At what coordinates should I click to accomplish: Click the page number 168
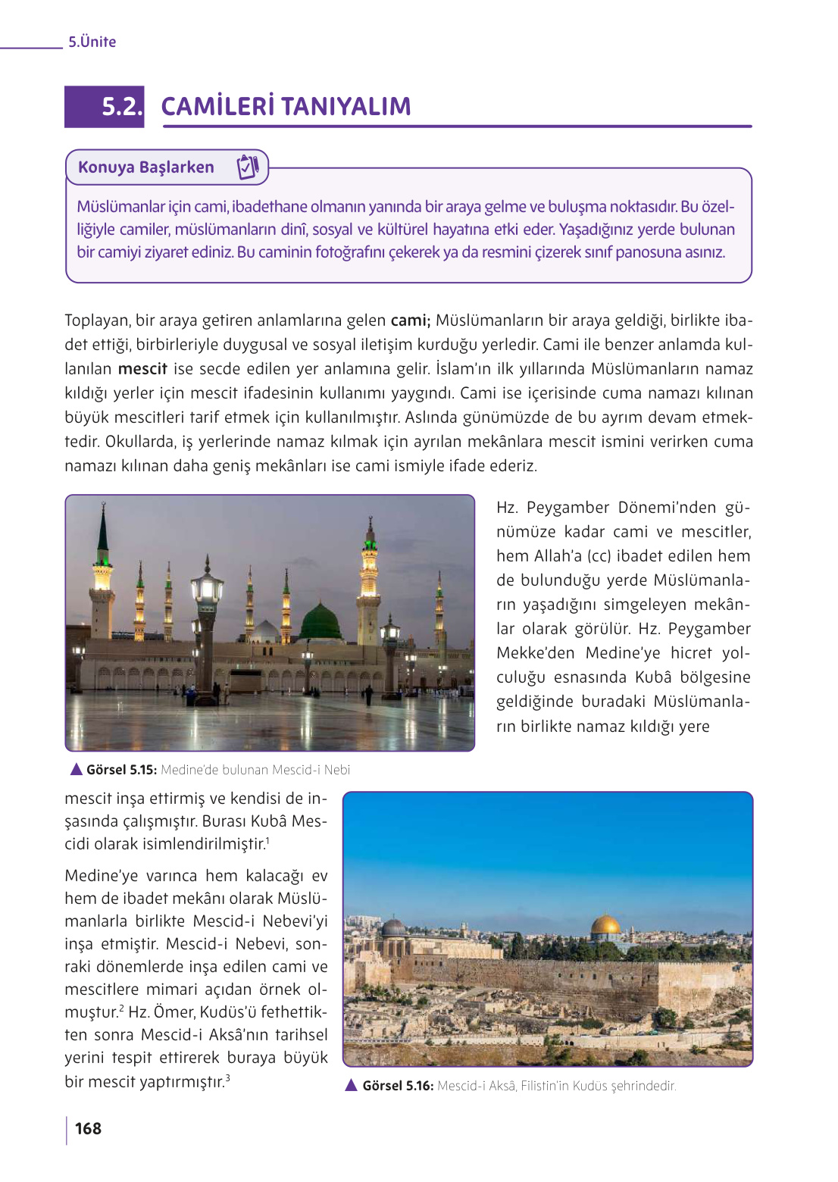[x=88, y=1128]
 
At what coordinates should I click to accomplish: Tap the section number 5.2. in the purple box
[x=121, y=107]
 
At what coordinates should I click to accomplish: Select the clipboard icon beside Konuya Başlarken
[x=248, y=167]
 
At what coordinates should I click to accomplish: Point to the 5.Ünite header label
[x=92, y=42]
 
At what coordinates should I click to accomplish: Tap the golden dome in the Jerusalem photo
[x=605, y=925]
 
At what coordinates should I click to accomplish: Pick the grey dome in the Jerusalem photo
[x=393, y=927]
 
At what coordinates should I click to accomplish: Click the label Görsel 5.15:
[x=121, y=770]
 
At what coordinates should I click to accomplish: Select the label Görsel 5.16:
[x=398, y=1086]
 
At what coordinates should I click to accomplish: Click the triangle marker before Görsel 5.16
[x=351, y=1085]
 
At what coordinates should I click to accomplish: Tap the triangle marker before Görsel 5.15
[x=76, y=769]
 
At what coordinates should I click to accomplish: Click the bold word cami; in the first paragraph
[x=410, y=321]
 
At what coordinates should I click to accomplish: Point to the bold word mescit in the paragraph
[x=142, y=369]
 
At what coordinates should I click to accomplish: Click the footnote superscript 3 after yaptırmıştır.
[x=227, y=1077]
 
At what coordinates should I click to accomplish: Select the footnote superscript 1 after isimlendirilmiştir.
[x=267, y=840]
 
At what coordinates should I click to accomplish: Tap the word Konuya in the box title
[x=106, y=167]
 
